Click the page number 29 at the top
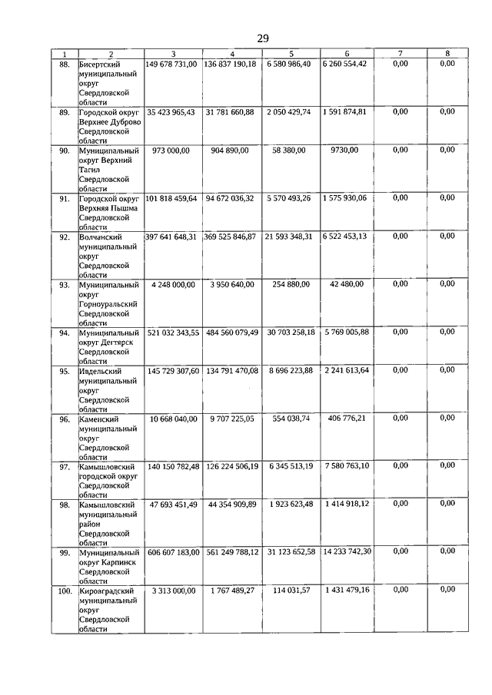[263, 38]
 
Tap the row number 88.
[65, 64]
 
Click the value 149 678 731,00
[172, 63]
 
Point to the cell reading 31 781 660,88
[231, 111]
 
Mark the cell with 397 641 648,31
[172, 237]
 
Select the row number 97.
[65, 467]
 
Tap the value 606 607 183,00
[172, 551]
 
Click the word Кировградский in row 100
[107, 591]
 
